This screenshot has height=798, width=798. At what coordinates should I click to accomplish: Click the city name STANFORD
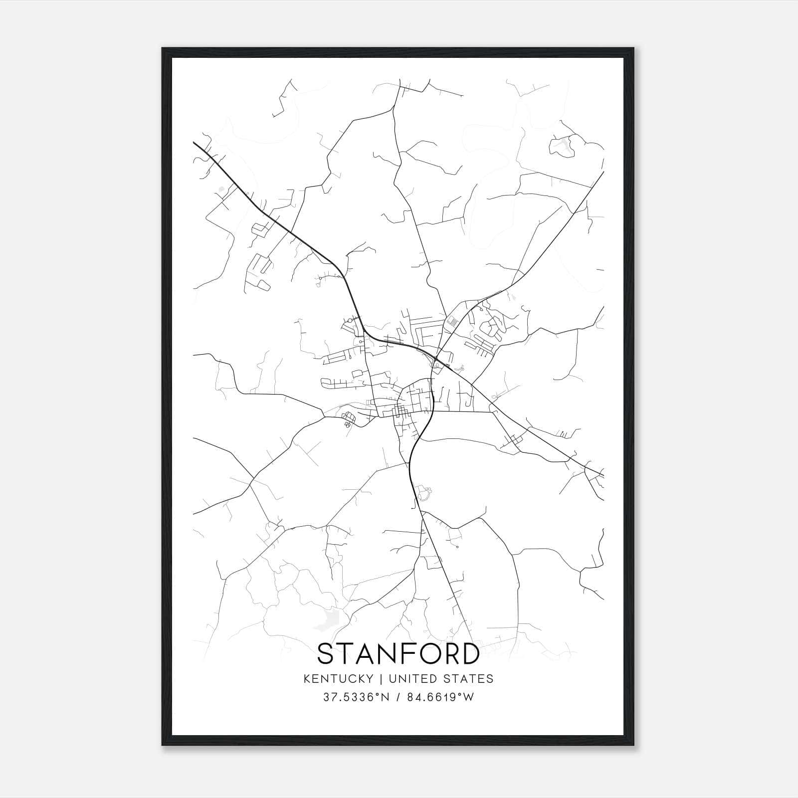399,654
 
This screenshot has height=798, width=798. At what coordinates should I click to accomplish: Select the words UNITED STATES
441,679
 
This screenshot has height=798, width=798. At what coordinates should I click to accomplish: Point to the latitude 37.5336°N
355,697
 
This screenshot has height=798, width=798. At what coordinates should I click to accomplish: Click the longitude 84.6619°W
440,697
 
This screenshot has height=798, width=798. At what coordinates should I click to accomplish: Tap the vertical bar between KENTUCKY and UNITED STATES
381,679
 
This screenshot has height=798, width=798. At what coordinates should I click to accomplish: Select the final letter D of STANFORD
469,654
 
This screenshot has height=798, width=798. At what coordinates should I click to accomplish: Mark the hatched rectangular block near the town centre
452,322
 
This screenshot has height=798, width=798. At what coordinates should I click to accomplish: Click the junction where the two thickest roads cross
436,358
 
